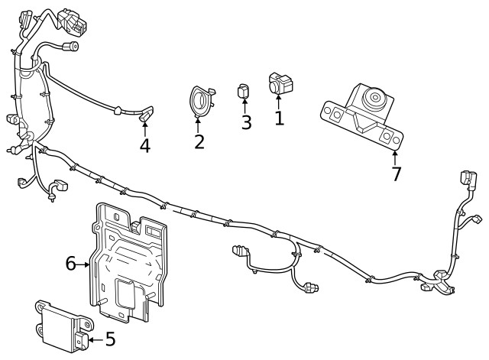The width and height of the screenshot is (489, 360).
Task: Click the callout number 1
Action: [279, 118]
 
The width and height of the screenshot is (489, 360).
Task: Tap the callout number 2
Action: [199, 141]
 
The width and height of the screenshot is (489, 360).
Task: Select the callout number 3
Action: [246, 122]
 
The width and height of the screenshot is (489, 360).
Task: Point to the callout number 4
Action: [145, 145]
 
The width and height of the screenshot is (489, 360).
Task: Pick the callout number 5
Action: [109, 338]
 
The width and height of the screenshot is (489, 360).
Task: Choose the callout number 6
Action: [70, 264]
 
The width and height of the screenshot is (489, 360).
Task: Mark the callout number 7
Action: [396, 174]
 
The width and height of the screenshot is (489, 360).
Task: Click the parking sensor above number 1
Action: [278, 83]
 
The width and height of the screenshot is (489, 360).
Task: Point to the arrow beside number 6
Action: [84, 264]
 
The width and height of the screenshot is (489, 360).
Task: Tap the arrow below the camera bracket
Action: [395, 157]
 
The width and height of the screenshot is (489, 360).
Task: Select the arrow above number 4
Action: [145, 128]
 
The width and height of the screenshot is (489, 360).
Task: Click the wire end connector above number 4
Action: [145, 114]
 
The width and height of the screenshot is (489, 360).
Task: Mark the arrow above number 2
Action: [200, 124]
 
